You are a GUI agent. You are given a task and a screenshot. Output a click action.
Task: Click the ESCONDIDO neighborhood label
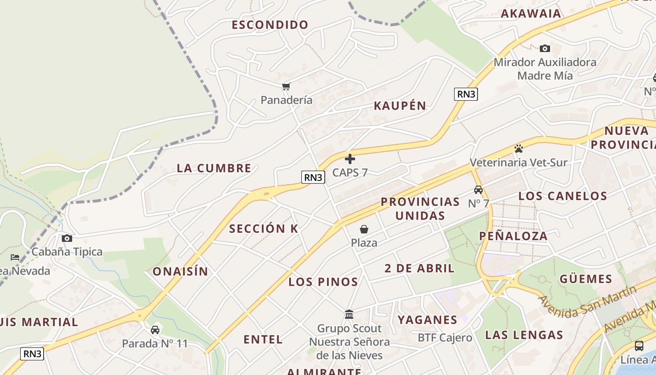click(270, 25)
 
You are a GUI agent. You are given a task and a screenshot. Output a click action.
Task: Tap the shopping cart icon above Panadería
click(286, 86)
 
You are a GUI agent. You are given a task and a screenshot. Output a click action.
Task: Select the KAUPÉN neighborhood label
click(400, 106)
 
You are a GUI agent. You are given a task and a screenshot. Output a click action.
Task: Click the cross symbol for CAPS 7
click(350, 159)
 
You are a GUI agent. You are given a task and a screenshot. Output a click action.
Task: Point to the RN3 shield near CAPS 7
click(313, 177)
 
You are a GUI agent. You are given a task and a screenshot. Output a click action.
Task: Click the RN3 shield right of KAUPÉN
click(466, 94)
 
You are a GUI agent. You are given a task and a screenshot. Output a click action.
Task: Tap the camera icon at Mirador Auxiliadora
click(544, 48)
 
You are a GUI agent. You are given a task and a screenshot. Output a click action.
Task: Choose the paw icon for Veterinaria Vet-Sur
click(518, 149)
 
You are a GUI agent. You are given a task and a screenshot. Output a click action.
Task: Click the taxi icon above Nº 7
click(478, 190)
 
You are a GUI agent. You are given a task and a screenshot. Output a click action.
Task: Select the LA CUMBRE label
click(214, 168)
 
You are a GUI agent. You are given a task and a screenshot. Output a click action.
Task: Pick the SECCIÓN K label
click(264, 229)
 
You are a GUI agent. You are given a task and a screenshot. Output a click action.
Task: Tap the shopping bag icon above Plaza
click(364, 229)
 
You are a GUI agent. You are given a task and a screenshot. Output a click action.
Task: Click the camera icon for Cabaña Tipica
click(67, 238)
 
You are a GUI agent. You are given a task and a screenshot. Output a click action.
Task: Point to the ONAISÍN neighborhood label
click(180, 271)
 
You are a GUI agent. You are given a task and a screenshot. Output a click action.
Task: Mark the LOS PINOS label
click(323, 282)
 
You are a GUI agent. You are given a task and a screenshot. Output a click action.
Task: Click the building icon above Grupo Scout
click(349, 315)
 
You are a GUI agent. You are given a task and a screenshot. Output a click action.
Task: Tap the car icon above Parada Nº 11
click(155, 330)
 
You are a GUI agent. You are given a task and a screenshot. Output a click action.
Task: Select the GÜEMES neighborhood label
click(586, 279)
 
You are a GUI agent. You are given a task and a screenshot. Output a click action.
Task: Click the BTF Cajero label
click(445, 337)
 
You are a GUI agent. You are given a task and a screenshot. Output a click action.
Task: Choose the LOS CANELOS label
click(563, 196)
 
